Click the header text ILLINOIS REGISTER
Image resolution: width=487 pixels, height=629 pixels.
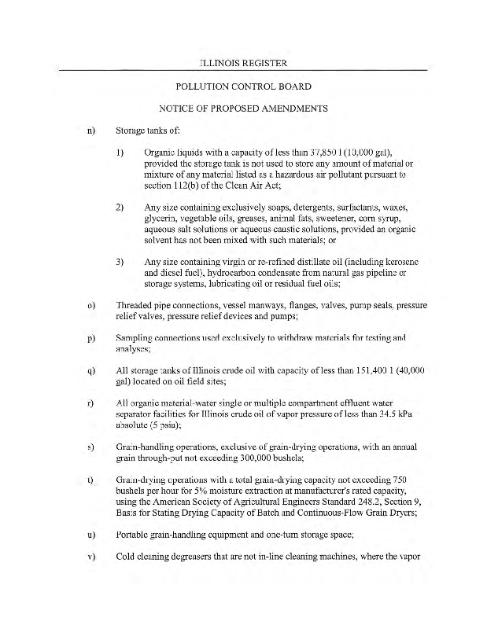(x=243, y=62)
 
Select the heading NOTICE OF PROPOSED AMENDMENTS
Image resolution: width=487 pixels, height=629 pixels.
(x=243, y=108)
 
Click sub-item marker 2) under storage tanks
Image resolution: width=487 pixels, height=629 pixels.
(x=120, y=207)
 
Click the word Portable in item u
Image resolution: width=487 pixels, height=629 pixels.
(x=134, y=534)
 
